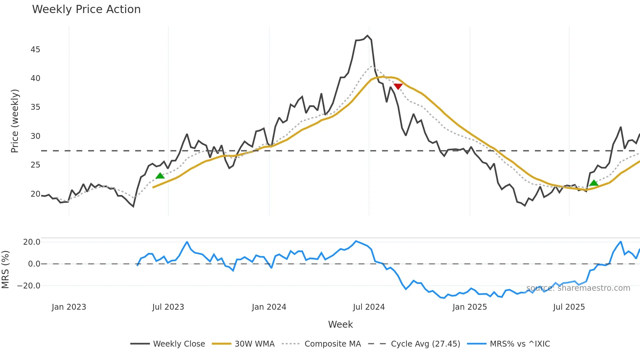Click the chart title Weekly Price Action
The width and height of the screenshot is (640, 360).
point(86,9)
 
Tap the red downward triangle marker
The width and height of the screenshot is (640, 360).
point(398,86)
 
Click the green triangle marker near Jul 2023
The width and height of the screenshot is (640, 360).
point(160,176)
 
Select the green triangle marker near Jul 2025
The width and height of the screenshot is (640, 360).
point(594,183)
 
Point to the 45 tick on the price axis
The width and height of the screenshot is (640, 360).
point(35,49)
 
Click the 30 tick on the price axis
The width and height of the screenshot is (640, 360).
point(35,136)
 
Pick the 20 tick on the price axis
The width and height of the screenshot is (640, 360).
point(35,194)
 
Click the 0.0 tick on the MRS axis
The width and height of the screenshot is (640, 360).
point(34,264)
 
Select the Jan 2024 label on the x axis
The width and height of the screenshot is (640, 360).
point(269,307)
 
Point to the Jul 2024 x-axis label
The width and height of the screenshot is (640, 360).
point(369,307)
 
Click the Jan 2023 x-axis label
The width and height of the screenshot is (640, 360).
point(69,307)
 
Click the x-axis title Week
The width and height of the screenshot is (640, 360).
point(340,324)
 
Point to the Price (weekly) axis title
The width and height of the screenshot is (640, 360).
point(15,121)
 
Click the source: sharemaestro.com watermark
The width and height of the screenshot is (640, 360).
point(578,288)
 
